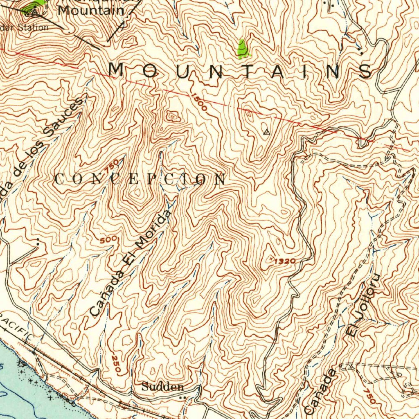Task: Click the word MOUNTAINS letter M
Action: pos(117,70)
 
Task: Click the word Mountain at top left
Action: pos(90,10)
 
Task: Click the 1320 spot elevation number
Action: pos(285,261)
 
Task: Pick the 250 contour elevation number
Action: pos(116,364)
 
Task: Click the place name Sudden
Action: pos(162,387)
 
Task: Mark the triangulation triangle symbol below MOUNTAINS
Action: pos(267,132)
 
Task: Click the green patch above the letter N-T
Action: pos(243,49)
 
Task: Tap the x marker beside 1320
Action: pos(271,259)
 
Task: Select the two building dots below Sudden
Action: pos(182,397)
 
